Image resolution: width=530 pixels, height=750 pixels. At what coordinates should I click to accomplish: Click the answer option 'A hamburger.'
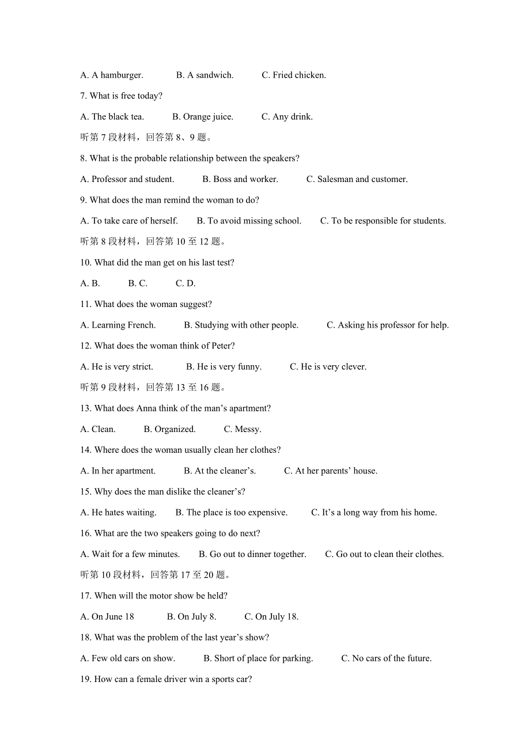click(x=112, y=75)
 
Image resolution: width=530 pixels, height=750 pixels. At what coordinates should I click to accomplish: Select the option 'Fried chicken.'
click(x=294, y=75)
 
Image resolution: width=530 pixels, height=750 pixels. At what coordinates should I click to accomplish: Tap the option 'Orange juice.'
click(x=203, y=116)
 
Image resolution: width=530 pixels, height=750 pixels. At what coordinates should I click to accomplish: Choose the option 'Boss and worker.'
click(x=240, y=179)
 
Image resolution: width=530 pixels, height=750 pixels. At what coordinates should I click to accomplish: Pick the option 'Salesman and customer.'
click(x=357, y=179)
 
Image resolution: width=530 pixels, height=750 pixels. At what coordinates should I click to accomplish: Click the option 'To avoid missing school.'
click(x=249, y=221)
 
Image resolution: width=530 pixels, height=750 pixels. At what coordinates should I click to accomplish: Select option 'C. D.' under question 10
click(x=185, y=283)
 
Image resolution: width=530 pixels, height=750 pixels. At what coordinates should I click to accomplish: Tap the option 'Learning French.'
click(x=118, y=325)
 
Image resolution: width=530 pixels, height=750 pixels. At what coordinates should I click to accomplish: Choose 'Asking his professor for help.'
click(x=388, y=325)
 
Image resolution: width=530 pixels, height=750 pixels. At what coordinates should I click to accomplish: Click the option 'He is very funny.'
click(x=224, y=366)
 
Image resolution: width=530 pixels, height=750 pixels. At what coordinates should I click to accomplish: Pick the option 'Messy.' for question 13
click(x=243, y=429)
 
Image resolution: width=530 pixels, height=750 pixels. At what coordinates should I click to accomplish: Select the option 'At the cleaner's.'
click(x=219, y=471)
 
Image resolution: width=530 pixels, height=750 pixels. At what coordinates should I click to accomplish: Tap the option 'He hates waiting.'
click(x=119, y=512)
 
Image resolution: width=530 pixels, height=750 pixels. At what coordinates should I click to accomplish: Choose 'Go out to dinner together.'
click(x=252, y=554)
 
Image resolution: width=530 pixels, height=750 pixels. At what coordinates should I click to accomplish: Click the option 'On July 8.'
click(x=191, y=616)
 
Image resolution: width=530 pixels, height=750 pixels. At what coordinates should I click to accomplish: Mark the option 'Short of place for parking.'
click(x=258, y=658)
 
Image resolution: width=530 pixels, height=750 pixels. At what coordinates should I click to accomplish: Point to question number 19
click(x=86, y=679)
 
